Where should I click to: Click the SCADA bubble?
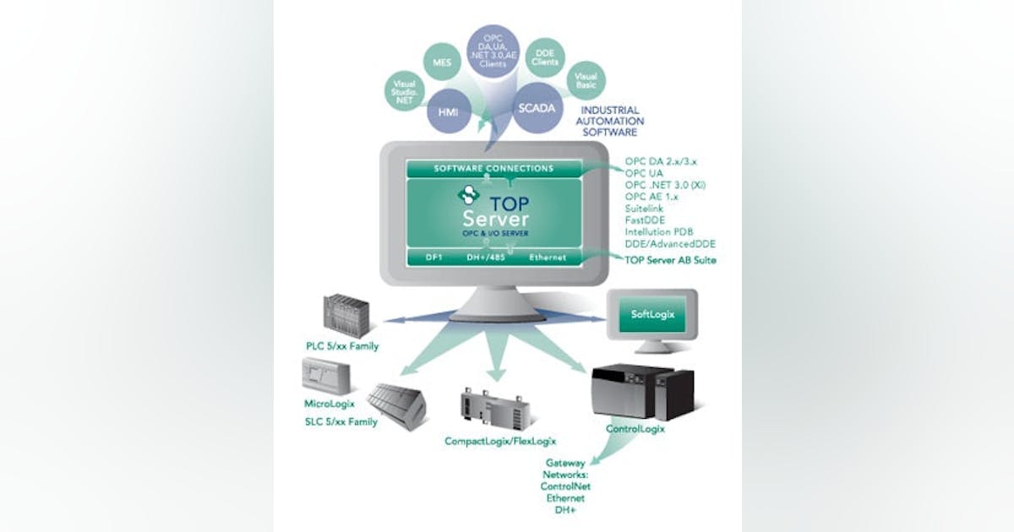[538, 108]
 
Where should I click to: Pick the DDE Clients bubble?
[545, 58]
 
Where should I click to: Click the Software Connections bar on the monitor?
[493, 169]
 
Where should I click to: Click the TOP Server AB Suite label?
[671, 260]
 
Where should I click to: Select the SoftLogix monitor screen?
[651, 315]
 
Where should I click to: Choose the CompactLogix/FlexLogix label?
[500, 441]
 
